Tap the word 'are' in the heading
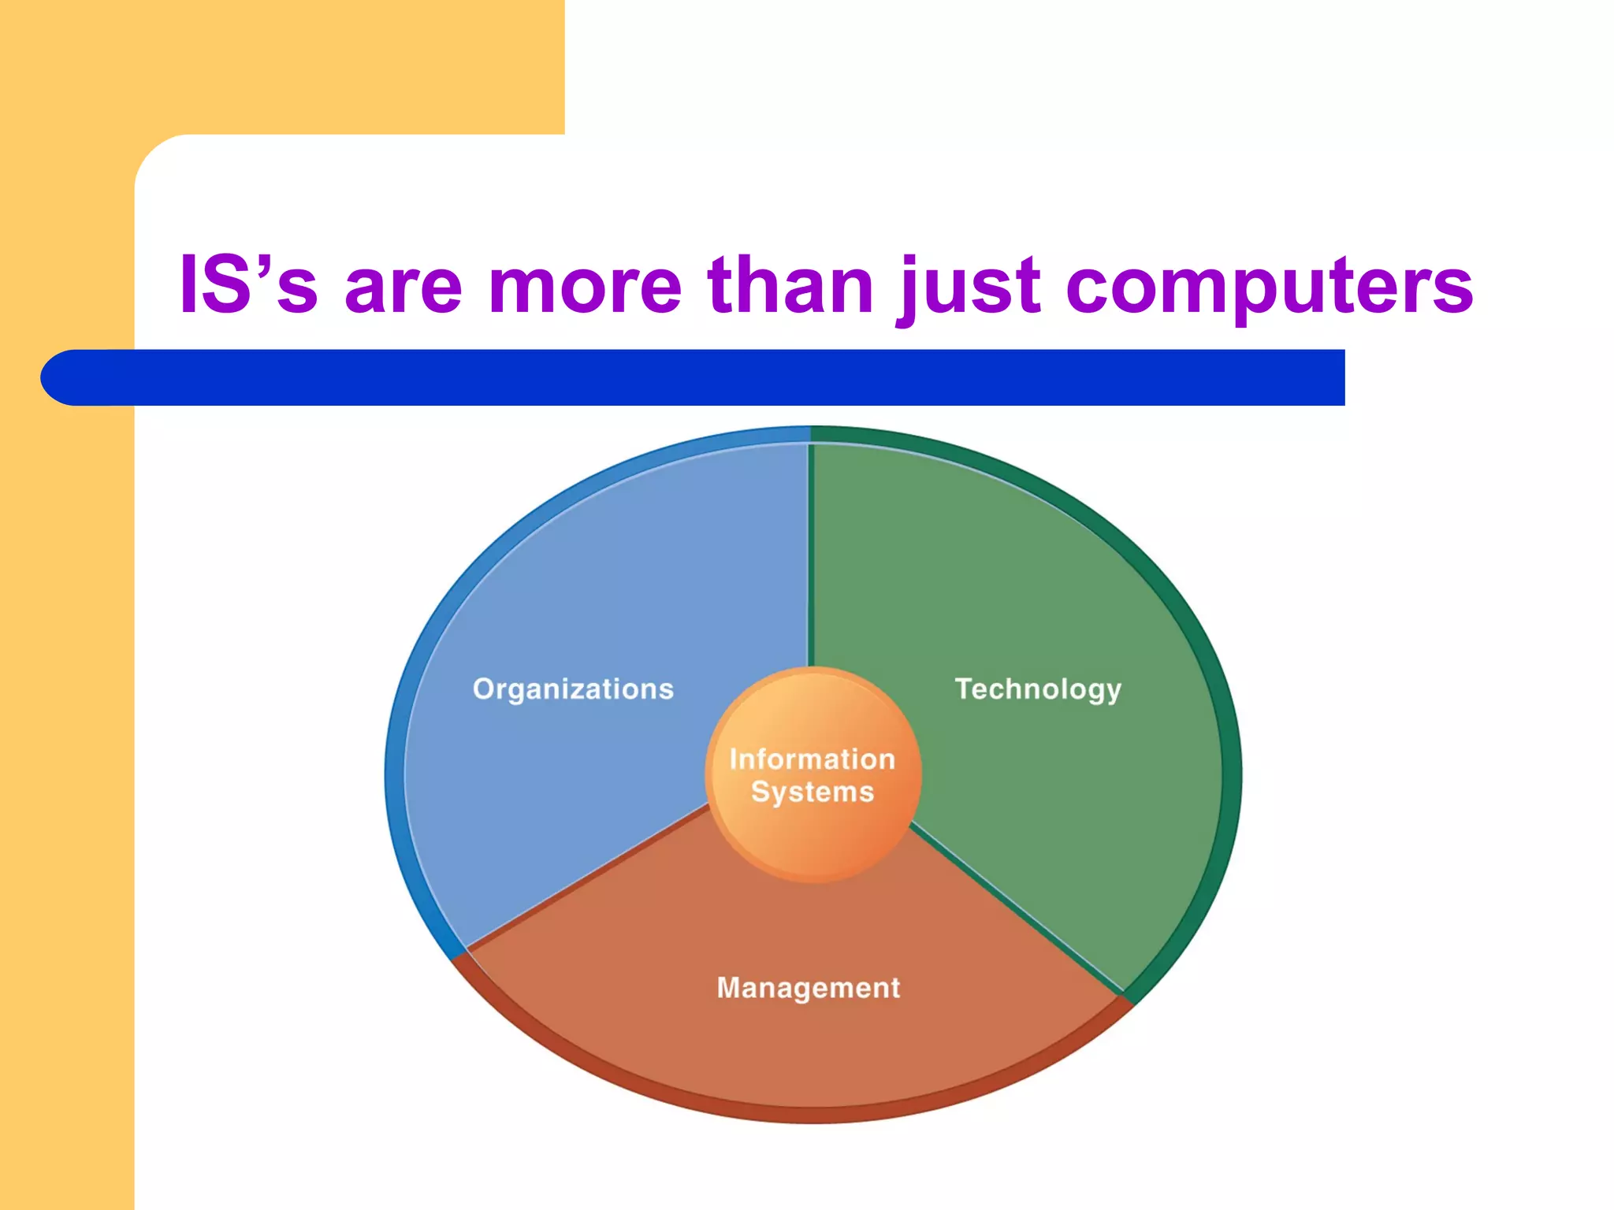point(403,288)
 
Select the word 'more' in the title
point(584,288)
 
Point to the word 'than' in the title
point(790,285)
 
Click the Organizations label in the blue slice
point(573,689)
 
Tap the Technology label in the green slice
point(1038,689)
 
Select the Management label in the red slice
point(808,988)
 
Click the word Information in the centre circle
point(812,759)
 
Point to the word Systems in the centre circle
point(812,792)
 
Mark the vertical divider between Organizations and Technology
point(810,551)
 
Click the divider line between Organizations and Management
point(587,875)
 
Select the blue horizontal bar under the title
point(709,378)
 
